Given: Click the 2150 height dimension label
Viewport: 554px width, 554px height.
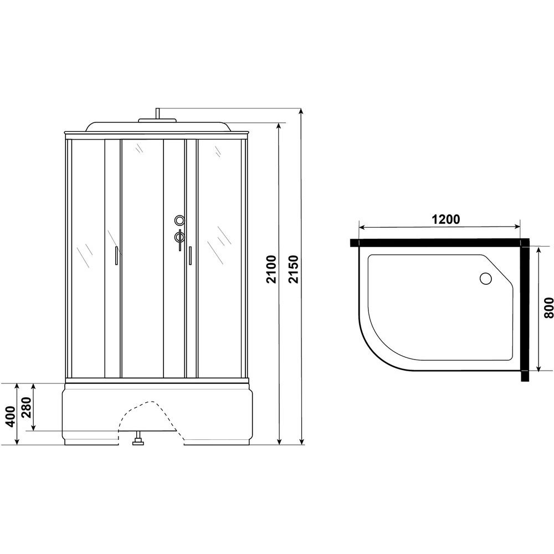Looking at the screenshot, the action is [x=294, y=269].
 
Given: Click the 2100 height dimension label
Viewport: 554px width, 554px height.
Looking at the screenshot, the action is [x=271, y=269].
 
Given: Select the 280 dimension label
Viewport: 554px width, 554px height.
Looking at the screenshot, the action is [x=27, y=407].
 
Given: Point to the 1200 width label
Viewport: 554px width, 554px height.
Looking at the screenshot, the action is [x=446, y=219].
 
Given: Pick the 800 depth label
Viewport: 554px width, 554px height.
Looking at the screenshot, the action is [x=548, y=308].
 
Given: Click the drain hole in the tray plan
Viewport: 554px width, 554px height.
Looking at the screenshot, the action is [x=485, y=279].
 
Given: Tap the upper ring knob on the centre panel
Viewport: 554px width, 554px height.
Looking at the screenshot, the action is [x=179, y=220].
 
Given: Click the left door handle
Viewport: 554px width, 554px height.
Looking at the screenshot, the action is [x=116, y=255].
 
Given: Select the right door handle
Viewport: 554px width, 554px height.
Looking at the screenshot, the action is [x=189, y=255].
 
